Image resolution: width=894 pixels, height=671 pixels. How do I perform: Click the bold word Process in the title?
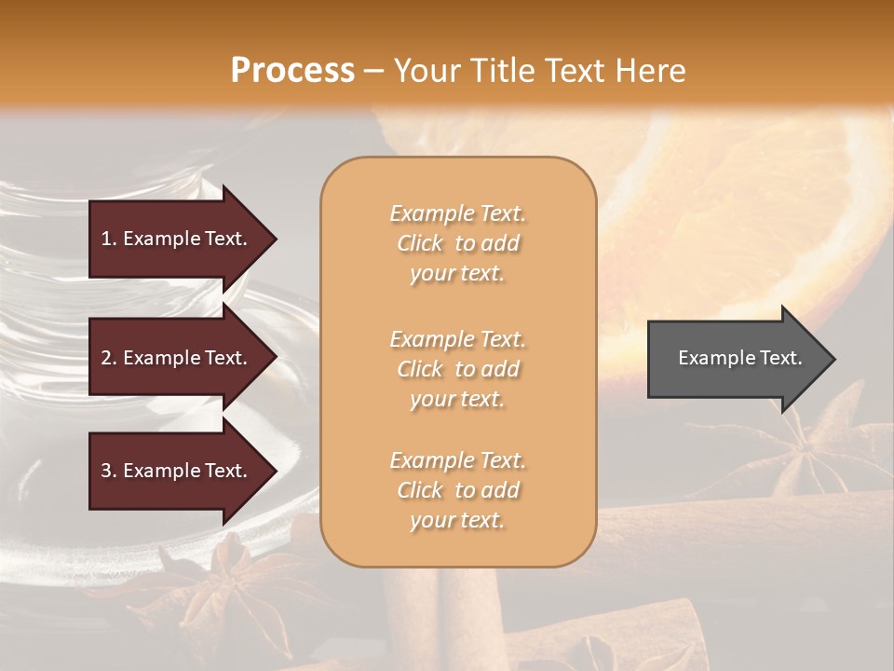pyautogui.click(x=292, y=71)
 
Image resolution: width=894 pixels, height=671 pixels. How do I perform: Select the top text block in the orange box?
pyautogui.click(x=457, y=243)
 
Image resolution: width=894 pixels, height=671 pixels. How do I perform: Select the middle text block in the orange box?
pyautogui.click(x=457, y=369)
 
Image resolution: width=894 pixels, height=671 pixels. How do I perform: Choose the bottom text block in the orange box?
pyautogui.click(x=457, y=490)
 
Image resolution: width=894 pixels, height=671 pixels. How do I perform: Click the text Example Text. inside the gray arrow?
pyautogui.click(x=739, y=358)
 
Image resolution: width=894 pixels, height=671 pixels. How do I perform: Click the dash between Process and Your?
pyautogui.click(x=373, y=71)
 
